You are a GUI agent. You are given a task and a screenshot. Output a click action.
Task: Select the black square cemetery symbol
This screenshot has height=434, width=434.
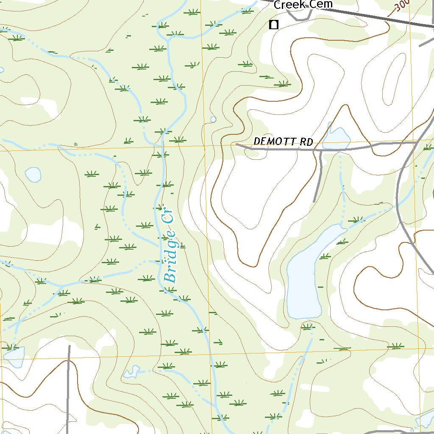(x=274, y=25)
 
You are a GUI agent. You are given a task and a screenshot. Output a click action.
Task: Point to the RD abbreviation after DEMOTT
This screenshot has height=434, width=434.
(x=306, y=142)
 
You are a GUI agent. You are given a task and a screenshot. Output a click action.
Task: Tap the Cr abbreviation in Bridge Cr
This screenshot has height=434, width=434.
(x=168, y=214)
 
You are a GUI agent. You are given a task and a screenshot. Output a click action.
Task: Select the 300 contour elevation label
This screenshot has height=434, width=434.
(x=401, y=6)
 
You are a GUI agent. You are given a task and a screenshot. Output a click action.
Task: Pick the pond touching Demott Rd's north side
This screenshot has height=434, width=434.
(x=337, y=138)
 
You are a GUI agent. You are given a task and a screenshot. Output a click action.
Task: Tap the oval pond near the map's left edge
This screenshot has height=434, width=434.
(x=33, y=174)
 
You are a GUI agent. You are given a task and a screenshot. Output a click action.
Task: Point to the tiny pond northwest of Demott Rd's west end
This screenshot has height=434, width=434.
(x=213, y=120)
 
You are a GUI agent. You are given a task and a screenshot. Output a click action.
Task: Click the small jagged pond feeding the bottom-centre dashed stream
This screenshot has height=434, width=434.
(x=131, y=372)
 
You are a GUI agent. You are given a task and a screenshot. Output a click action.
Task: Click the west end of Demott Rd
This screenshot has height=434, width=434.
(x=237, y=145)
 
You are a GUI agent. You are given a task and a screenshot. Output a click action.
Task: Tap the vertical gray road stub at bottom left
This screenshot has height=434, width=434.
(x=68, y=390)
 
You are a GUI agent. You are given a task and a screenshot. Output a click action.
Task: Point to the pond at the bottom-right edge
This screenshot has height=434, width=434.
(x=425, y=420)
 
